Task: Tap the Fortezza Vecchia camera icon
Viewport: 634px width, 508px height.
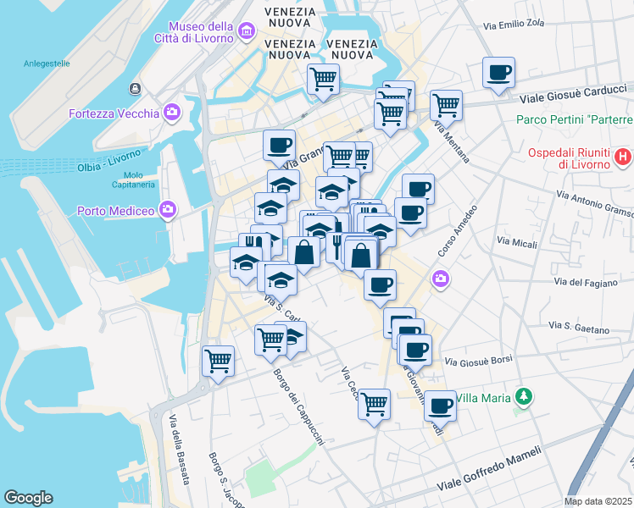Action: pos(173,113)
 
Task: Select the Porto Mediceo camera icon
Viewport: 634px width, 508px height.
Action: pos(168,208)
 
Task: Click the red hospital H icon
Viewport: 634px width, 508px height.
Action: pos(623,156)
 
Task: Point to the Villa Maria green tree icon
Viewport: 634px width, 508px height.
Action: pos(525,396)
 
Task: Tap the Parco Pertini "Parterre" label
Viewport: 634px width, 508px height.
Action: pos(575,119)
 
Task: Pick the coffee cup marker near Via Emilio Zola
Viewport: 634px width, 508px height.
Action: pos(499,72)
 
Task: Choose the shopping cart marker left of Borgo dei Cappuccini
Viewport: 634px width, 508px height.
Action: pos(218,361)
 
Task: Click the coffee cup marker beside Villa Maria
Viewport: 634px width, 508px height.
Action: pos(439,406)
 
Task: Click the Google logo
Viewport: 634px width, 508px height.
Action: pos(28,498)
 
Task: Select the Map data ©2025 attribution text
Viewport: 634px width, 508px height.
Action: pos(598,501)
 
